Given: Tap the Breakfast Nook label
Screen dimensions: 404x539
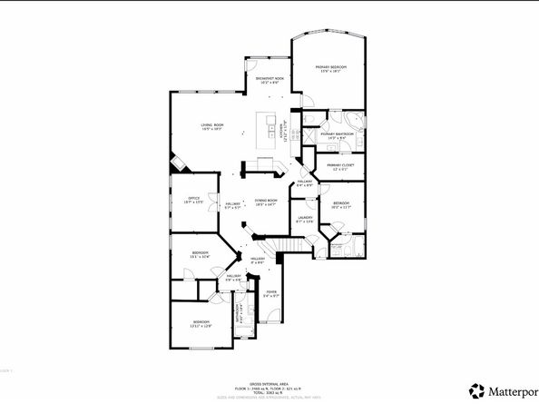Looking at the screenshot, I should coord(271,80).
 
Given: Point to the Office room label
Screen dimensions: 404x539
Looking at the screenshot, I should coord(193,199).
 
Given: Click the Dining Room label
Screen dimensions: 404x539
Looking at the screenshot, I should coord(266,202).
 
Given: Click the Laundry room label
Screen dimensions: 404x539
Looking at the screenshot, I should coord(305,218).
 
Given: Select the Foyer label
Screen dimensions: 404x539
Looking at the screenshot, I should coord(270,292).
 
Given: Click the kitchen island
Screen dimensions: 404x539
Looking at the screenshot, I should coord(269,129).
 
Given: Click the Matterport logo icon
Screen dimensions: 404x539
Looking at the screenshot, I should coord(475,391).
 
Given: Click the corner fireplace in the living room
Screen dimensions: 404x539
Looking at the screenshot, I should coord(179,163).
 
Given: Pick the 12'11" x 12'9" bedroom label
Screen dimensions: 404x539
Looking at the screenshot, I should coord(201,323).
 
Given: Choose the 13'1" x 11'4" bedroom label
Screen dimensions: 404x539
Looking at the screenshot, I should coord(200,255).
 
